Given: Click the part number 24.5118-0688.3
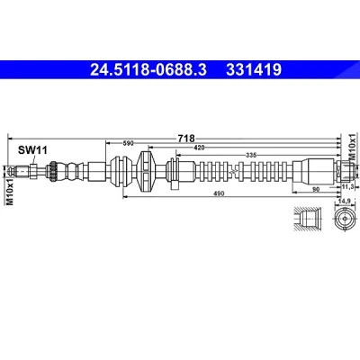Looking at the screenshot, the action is (148, 70).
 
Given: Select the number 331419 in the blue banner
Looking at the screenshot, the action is (254, 70).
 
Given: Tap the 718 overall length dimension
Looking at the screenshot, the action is (186, 139).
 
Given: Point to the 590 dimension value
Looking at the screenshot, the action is (128, 143).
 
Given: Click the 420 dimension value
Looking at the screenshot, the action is (199, 148).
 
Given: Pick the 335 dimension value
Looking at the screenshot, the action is (251, 155).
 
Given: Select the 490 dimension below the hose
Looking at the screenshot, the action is (219, 193).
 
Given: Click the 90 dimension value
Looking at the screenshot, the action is (316, 189).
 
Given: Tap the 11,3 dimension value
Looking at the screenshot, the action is (348, 186).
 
